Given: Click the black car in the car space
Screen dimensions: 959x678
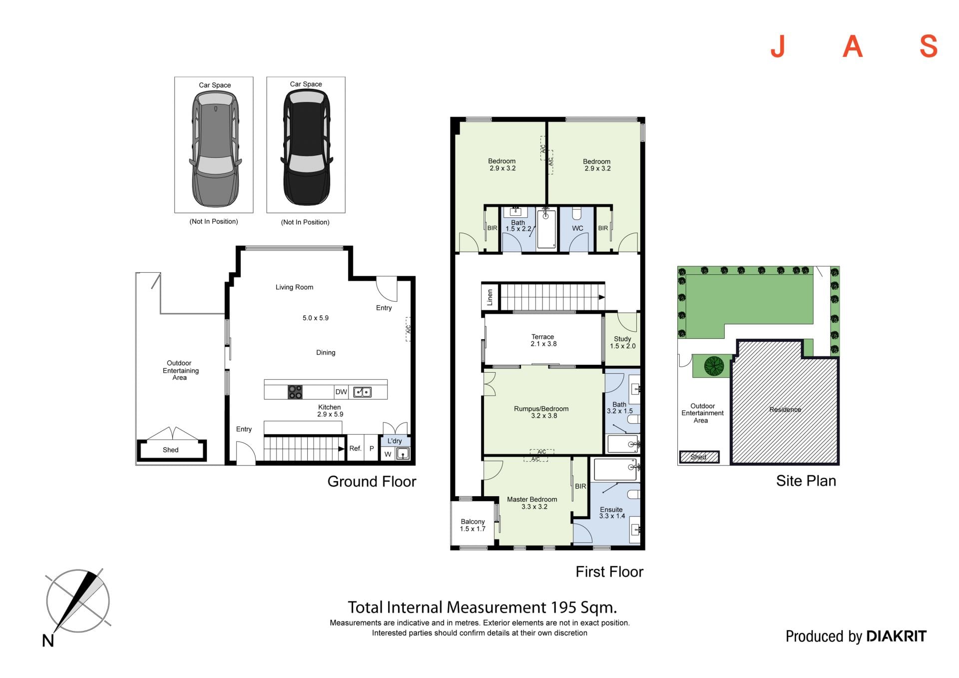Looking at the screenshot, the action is click(x=306, y=148).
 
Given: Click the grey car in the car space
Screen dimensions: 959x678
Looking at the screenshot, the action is click(x=215, y=149).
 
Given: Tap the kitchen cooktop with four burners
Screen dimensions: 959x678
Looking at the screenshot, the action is click(x=295, y=392).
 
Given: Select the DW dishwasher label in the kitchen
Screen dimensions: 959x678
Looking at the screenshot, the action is click(x=341, y=392).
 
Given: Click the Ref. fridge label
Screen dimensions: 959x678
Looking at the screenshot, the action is click(x=355, y=448).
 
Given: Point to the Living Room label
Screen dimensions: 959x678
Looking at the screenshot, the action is click(x=294, y=287).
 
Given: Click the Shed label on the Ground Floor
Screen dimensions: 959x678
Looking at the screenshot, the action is click(x=170, y=450).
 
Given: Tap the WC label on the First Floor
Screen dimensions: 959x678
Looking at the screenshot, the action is click(x=577, y=228).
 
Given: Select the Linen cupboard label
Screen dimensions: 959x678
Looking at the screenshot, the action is click(x=489, y=297).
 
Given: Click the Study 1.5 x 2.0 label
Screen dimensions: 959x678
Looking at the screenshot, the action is click(x=622, y=342).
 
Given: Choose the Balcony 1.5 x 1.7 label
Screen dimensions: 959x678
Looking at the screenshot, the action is click(x=473, y=525).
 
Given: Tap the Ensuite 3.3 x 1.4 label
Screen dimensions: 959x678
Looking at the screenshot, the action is click(x=612, y=513).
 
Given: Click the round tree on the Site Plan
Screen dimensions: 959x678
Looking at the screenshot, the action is click(x=714, y=366).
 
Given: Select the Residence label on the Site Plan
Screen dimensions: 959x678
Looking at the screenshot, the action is click(x=785, y=410).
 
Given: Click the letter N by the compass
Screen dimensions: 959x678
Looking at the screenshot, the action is click(x=48, y=641).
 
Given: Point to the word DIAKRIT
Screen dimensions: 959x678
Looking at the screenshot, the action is click(x=896, y=636).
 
